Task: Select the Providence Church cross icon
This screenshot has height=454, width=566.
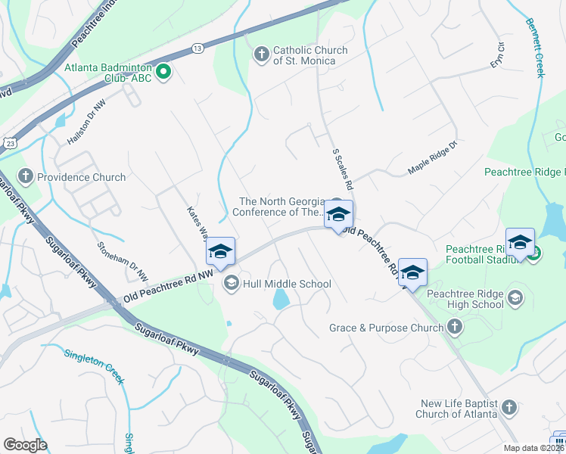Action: click(25, 177)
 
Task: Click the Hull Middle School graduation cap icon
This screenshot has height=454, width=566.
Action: click(231, 284)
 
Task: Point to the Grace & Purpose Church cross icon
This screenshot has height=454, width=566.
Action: click(454, 327)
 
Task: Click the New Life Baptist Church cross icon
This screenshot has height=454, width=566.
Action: click(510, 409)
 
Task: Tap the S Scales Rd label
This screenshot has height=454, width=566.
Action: click(343, 169)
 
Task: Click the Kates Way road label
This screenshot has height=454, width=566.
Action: click(196, 219)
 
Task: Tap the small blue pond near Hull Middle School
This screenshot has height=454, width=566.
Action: click(280, 301)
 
